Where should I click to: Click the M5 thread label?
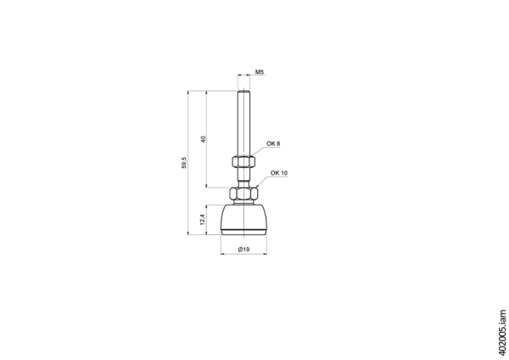click(260, 72)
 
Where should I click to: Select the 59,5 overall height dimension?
click(184, 162)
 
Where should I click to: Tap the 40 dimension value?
click(204, 139)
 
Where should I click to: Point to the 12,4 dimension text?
click(203, 219)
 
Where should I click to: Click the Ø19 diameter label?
click(243, 250)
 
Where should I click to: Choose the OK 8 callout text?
click(273, 143)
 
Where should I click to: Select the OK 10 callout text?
click(279, 173)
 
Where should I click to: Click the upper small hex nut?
click(243, 160)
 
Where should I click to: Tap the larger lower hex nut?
click(243, 194)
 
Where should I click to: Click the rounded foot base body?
click(243, 217)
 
